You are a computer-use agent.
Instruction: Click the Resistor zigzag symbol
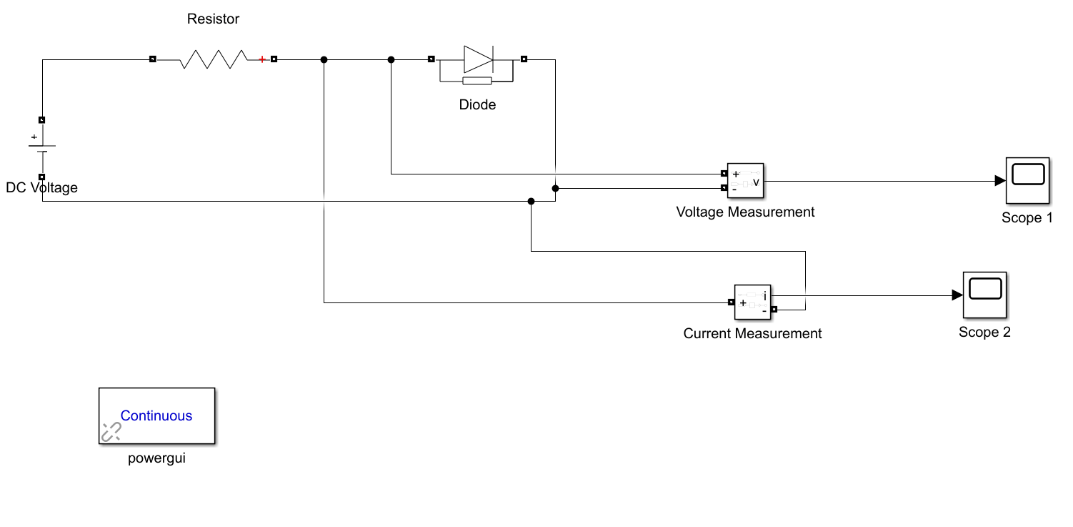click(x=214, y=59)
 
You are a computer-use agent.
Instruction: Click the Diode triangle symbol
click(x=477, y=59)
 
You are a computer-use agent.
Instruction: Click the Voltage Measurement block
click(x=745, y=181)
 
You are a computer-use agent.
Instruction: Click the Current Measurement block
click(x=754, y=302)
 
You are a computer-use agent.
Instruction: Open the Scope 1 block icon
click(x=1027, y=181)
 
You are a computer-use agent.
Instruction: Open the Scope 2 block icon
click(x=984, y=295)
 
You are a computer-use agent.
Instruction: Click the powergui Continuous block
click(x=156, y=415)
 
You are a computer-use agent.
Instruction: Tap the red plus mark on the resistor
click(x=262, y=59)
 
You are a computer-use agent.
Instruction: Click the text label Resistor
click(x=213, y=19)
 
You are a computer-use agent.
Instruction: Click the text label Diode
click(x=477, y=105)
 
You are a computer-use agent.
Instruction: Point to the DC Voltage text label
click(x=41, y=188)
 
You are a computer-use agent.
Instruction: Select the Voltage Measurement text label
click(x=745, y=212)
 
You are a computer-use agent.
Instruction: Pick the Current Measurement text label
click(x=752, y=334)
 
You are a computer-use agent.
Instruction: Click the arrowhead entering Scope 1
click(x=1000, y=181)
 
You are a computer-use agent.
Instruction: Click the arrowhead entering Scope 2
click(x=957, y=295)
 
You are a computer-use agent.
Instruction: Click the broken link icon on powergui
click(x=111, y=431)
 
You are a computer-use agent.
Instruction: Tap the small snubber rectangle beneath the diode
click(x=477, y=81)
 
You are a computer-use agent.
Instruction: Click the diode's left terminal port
click(x=431, y=59)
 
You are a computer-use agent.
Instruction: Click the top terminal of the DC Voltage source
click(x=42, y=120)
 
